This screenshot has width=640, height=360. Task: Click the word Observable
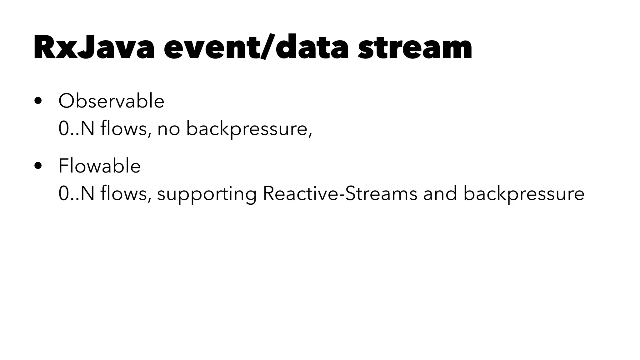(111, 101)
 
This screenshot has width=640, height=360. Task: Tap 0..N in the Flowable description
(76, 193)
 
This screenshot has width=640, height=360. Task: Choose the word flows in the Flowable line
(124, 193)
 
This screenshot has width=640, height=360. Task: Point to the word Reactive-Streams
(340, 193)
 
